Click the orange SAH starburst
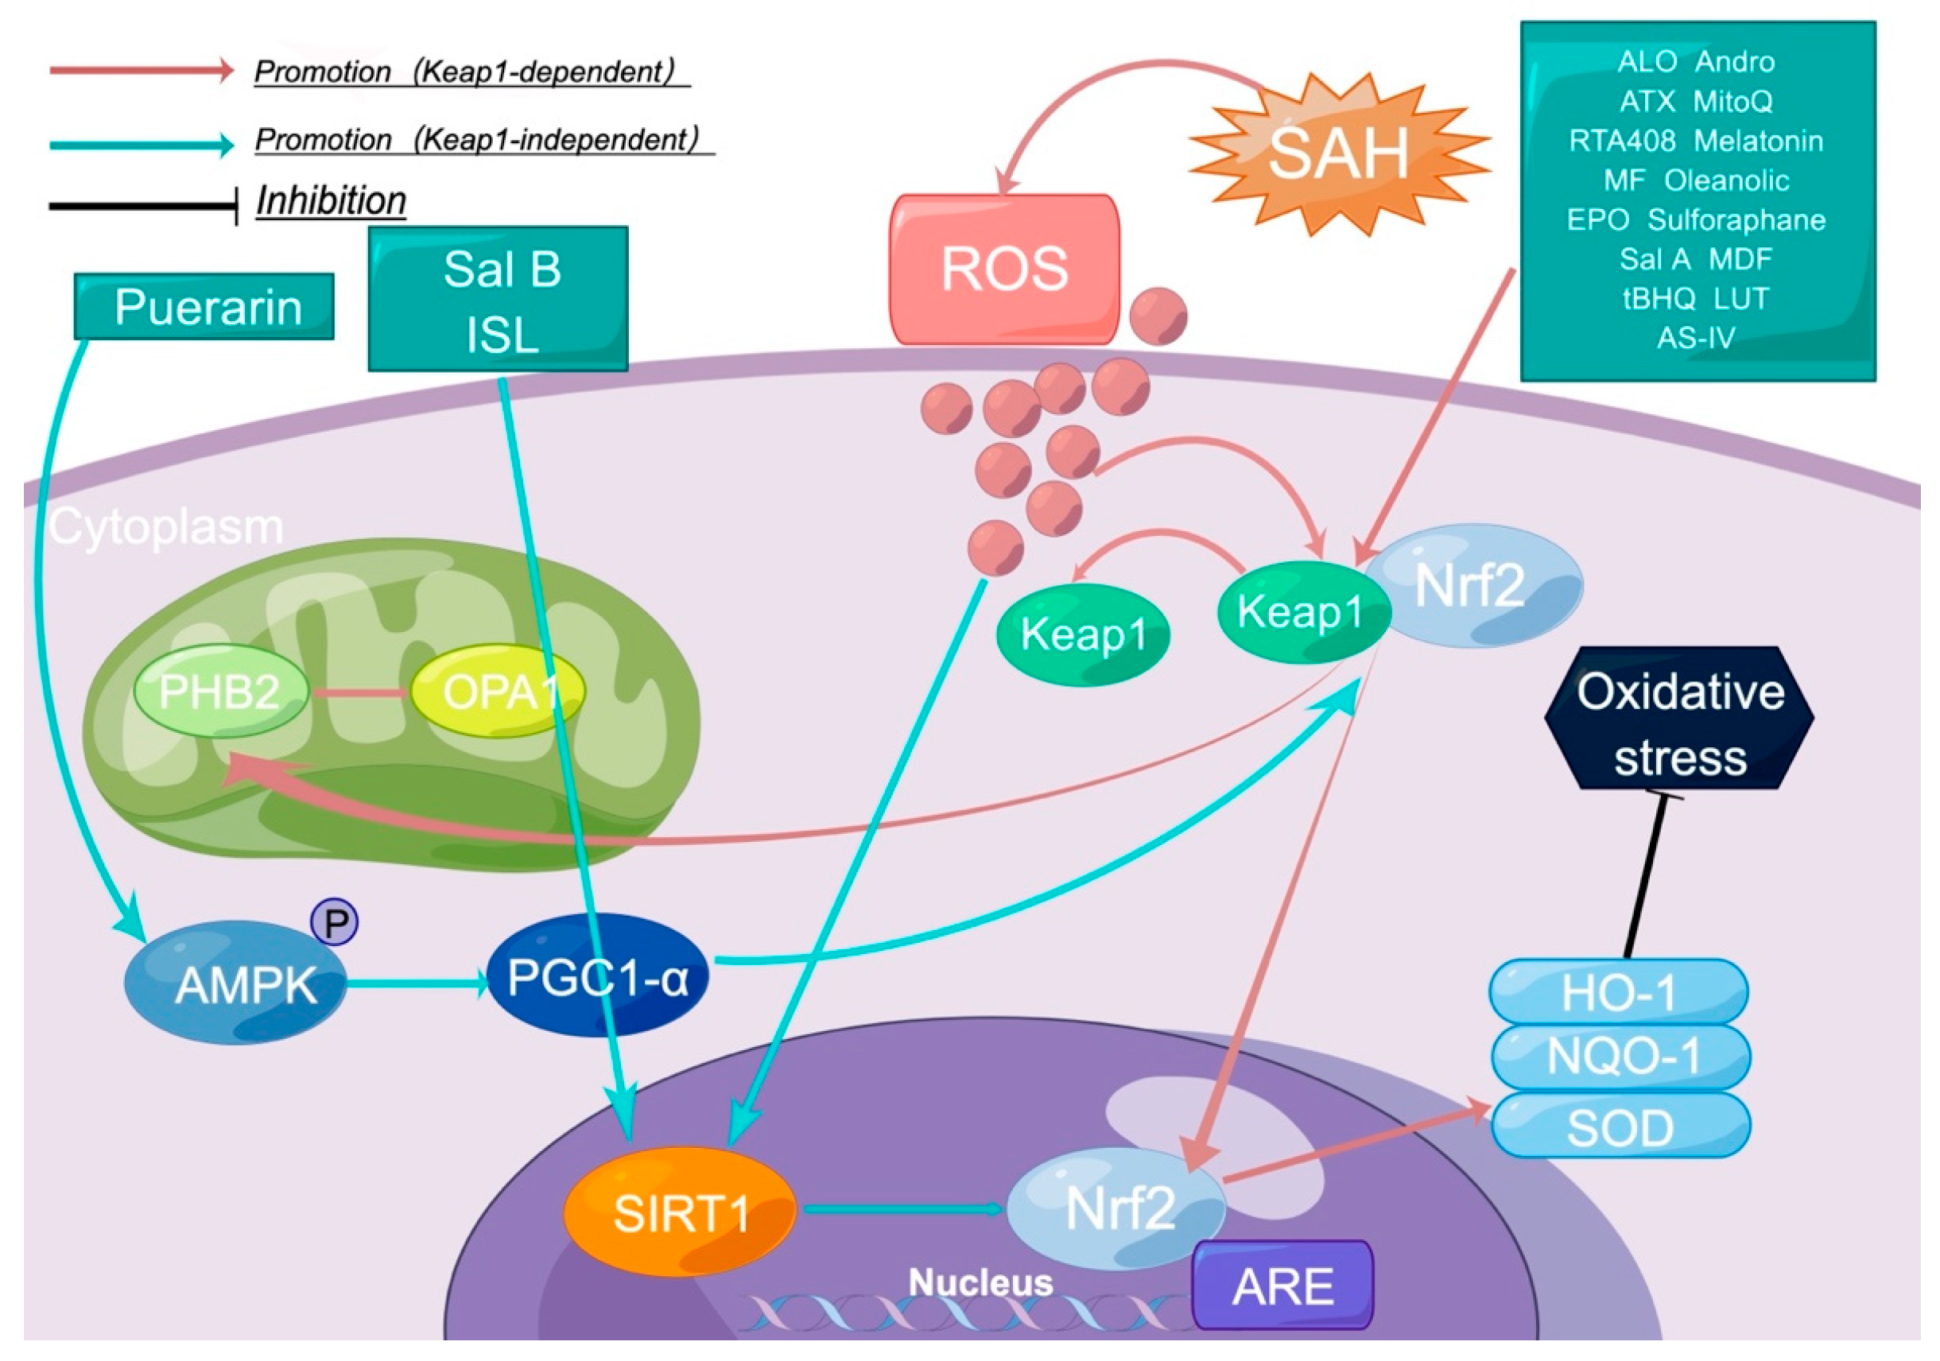click(x=1339, y=152)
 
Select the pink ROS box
click(x=1006, y=269)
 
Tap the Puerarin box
click(x=204, y=306)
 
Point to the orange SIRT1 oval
click(x=680, y=1212)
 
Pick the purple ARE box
click(x=1282, y=1285)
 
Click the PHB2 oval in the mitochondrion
click(x=220, y=692)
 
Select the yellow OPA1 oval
click(x=498, y=692)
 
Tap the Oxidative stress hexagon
click(x=1680, y=718)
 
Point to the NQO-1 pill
click(x=1620, y=1056)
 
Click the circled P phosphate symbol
click(x=335, y=922)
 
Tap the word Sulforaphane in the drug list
click(x=1736, y=219)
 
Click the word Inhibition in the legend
click(x=332, y=201)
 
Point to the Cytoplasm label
click(x=165, y=527)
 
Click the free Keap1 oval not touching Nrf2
click(x=1084, y=634)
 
